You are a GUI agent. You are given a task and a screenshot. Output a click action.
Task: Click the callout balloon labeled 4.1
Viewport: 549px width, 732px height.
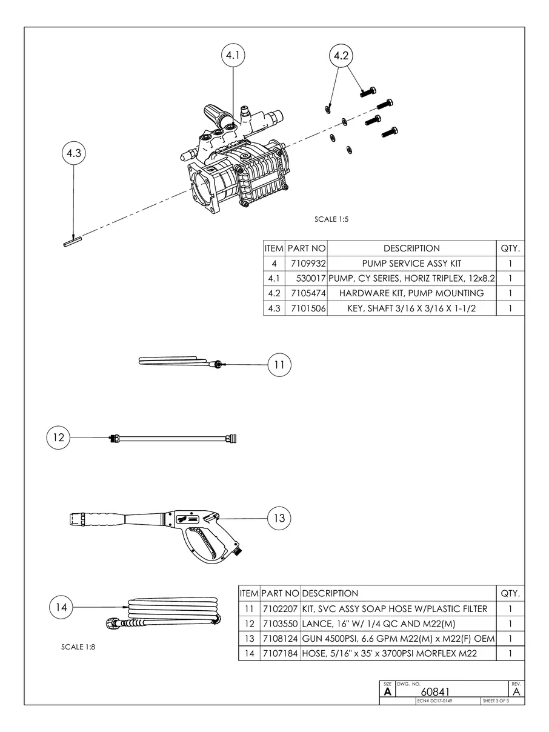tap(233, 56)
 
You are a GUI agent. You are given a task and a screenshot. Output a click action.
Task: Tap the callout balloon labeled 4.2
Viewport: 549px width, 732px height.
tap(341, 56)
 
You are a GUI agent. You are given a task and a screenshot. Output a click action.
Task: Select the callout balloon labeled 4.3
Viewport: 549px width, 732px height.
tap(73, 154)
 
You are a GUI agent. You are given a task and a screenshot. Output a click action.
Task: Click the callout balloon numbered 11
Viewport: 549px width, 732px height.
tap(279, 365)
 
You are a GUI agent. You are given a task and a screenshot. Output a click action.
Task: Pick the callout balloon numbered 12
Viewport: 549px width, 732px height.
tap(59, 437)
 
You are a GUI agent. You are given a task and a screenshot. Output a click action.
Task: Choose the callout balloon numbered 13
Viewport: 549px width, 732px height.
tap(279, 518)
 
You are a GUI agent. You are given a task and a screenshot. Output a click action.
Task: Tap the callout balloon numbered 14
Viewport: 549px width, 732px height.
tap(61, 607)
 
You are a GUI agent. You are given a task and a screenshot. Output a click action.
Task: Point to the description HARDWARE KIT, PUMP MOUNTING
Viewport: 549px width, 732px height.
tap(411, 293)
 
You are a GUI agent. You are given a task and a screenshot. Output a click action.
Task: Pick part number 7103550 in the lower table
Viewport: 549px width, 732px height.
tap(279, 624)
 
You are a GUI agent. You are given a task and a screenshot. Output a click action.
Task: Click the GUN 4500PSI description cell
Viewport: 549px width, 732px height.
tap(399, 639)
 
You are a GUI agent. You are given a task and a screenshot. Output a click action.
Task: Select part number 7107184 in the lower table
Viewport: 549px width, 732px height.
tap(279, 654)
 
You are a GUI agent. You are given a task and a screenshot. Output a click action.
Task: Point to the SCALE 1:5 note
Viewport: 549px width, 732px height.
tap(331, 219)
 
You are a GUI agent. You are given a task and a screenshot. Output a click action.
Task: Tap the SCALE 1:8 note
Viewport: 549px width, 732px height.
tap(78, 647)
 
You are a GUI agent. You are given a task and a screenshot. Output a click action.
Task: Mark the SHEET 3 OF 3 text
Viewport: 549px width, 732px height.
tap(495, 701)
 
